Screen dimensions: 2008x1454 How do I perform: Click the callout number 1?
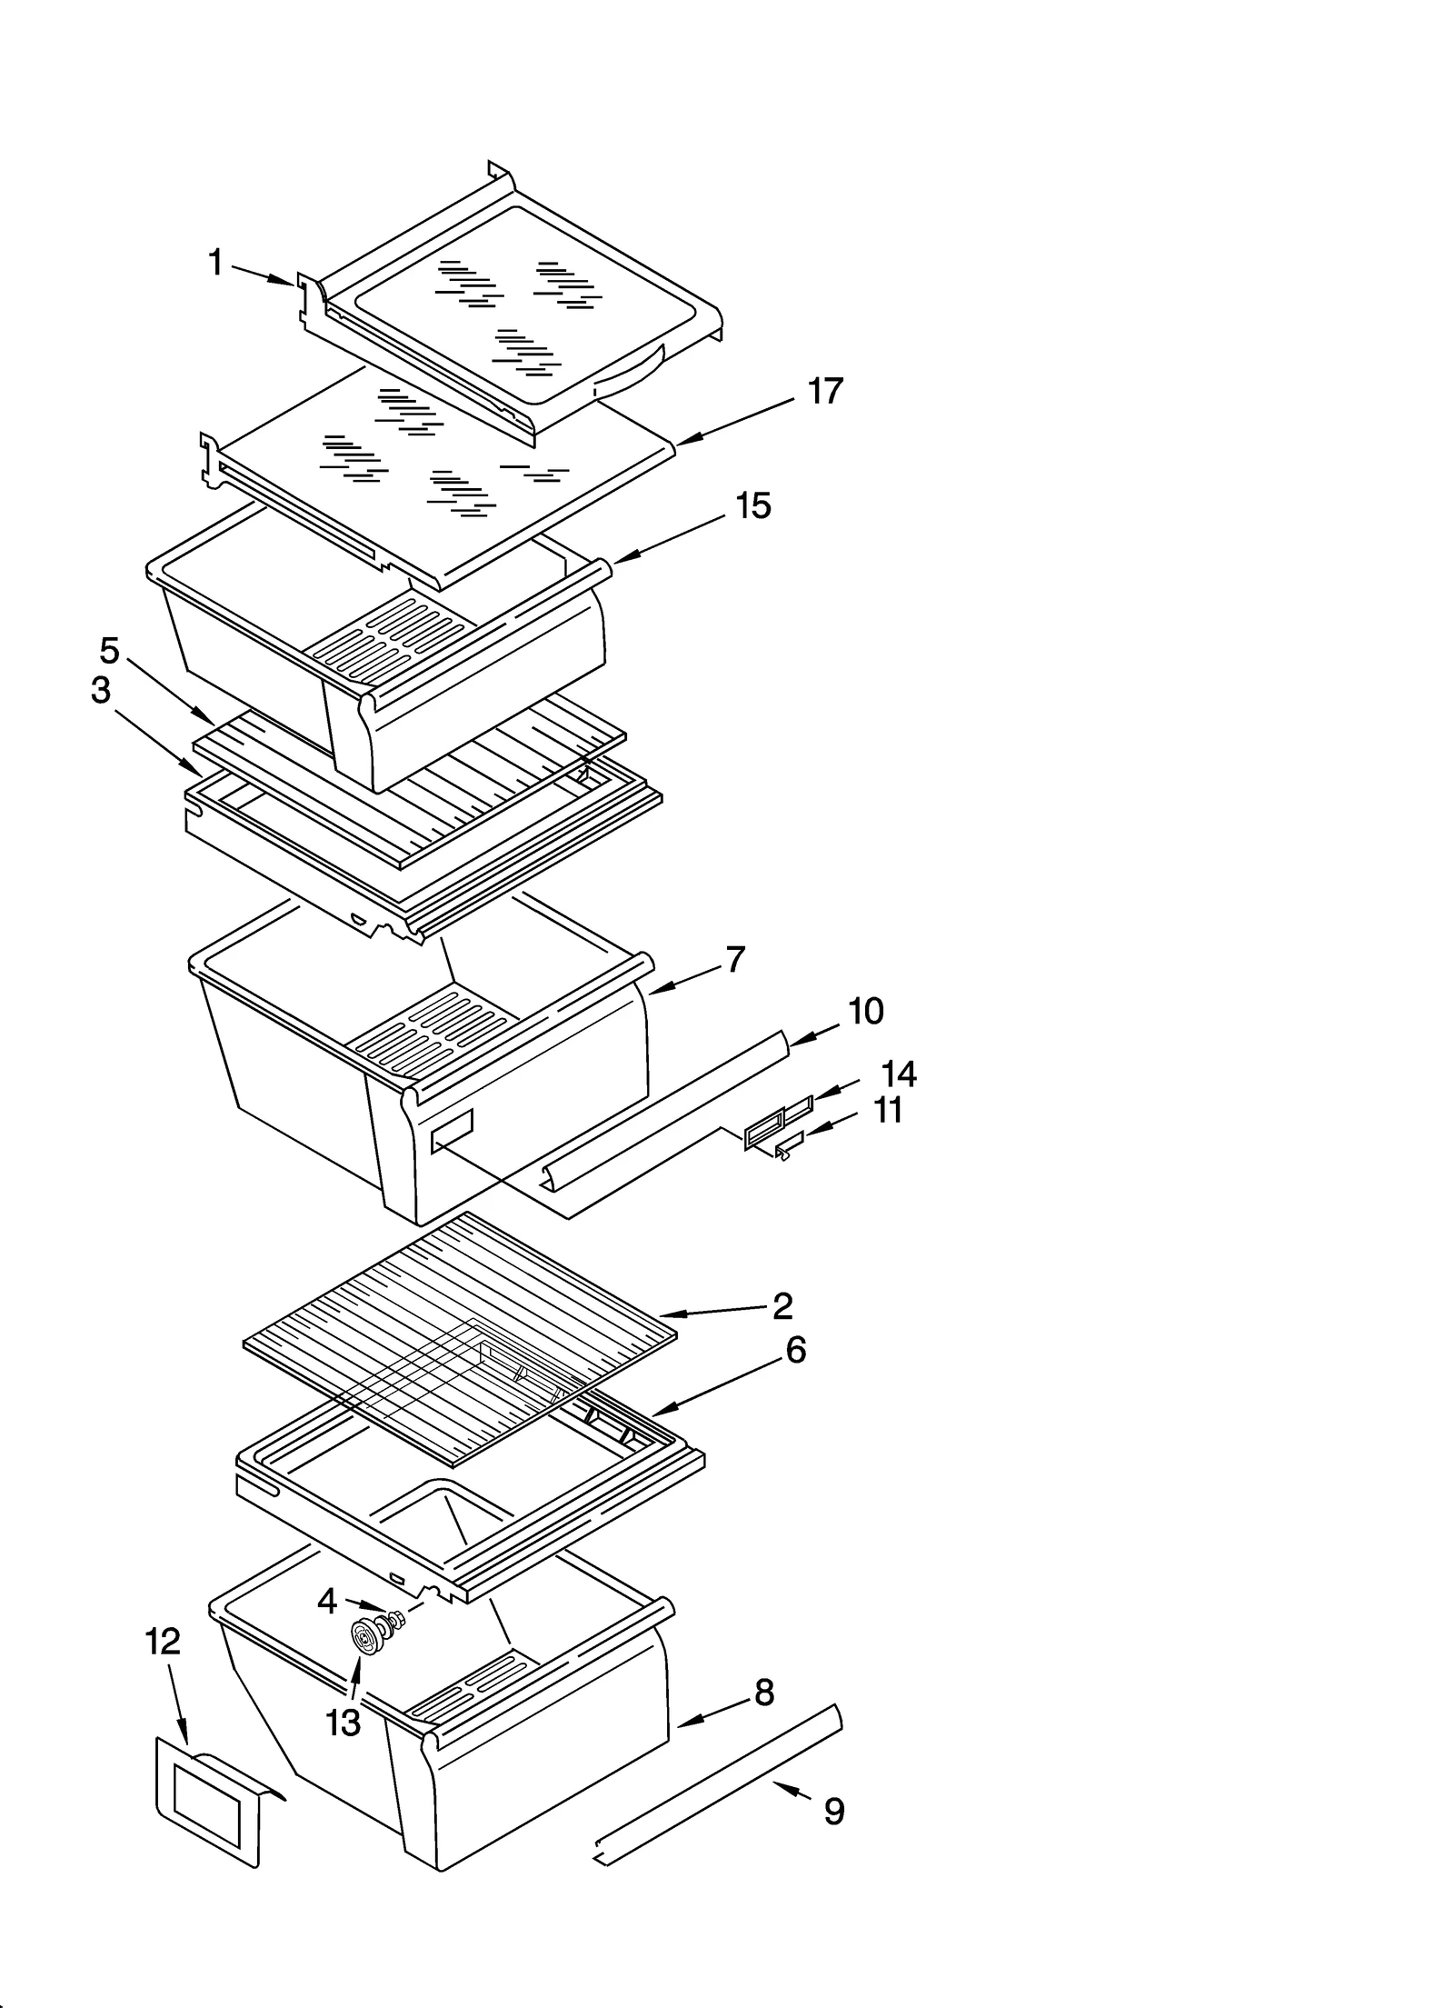coord(215,264)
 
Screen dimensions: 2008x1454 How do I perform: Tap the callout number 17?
coord(825,391)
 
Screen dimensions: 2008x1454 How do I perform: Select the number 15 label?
coord(753,505)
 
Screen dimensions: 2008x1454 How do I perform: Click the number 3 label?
coord(101,690)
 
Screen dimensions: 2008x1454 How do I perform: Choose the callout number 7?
coord(735,959)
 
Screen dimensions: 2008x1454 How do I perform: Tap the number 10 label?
coord(865,1011)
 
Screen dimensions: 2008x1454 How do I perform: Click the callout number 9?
coord(834,1811)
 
